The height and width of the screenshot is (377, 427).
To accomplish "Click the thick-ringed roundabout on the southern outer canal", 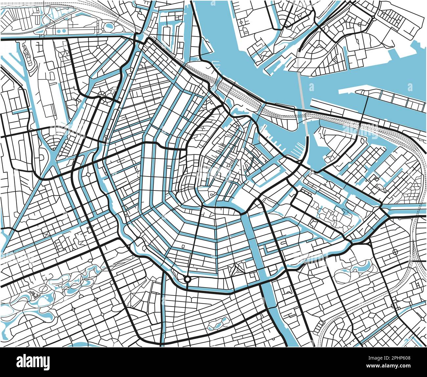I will click(x=187, y=279).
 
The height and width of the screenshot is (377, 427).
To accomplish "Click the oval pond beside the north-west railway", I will click(x=108, y=25).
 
